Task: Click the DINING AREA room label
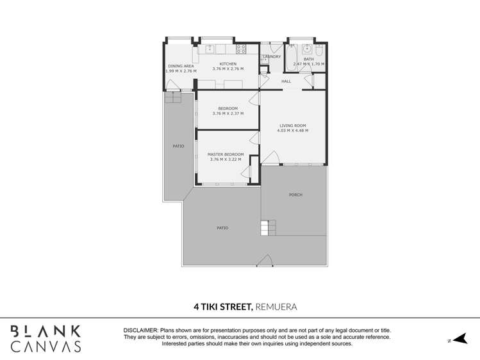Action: coord(181,66)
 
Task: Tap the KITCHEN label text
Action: coord(228,64)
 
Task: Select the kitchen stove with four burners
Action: coord(241,49)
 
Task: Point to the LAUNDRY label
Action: coord(272,57)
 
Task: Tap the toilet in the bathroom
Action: coord(319,49)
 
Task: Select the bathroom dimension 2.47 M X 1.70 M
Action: coord(308,64)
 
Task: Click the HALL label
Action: coord(286,81)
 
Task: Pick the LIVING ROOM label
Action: coord(292,126)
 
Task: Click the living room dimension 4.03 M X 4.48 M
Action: coord(292,131)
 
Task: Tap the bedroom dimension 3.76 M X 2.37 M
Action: coord(228,113)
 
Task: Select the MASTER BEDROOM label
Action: coord(226,154)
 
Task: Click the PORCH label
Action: coord(295,195)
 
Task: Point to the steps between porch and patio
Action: coord(268,227)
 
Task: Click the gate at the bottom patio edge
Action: coord(265,260)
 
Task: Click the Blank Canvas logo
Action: coord(46,339)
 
